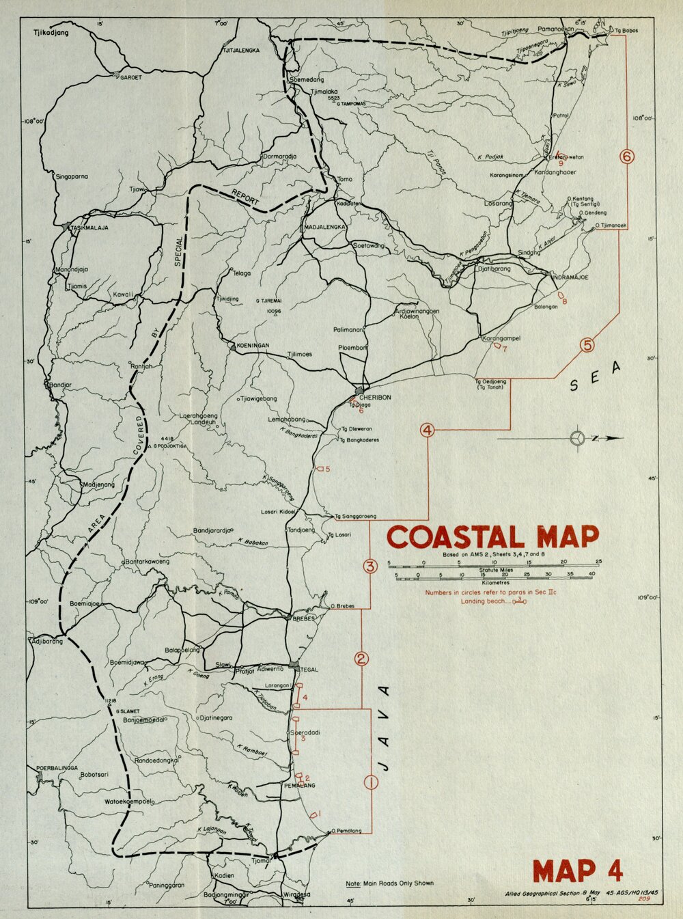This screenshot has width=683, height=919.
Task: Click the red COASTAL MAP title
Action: pos(492,537)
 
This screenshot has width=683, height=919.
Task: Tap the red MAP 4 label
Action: pos(578,871)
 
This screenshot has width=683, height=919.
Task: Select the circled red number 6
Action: pos(627,156)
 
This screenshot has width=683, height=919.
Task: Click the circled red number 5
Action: pos(587,346)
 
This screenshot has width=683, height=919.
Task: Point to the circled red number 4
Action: pos(427,430)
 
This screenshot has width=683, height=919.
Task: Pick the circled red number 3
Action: pos(370,566)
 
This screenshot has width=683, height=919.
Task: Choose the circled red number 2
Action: pos(361,659)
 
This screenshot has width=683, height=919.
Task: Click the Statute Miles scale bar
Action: pos(493,564)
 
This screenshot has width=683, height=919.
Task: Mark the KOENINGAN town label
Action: pos(253,346)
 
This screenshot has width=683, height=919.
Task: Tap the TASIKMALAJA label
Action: pos(90,228)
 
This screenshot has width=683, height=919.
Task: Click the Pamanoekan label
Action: pos(555,30)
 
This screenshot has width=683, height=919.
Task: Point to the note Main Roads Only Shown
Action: pos(389,883)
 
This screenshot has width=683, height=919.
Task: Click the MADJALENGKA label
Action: pos(326,227)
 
